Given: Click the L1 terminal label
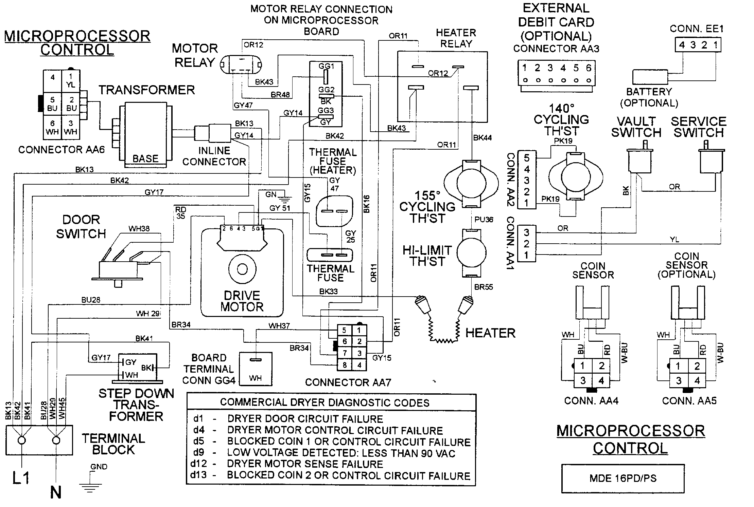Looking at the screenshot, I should [x=21, y=478].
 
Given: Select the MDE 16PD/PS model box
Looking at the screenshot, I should [x=623, y=478].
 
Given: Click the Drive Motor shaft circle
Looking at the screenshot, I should [x=242, y=269].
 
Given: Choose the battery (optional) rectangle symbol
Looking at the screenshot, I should [x=650, y=77].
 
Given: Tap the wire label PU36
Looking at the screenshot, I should [x=484, y=220].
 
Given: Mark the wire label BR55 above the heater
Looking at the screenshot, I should [x=483, y=287].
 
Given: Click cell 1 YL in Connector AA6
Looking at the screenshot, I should [x=71, y=80].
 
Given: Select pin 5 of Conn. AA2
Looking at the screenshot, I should [x=526, y=158].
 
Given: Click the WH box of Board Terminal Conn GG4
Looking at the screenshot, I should [x=256, y=369].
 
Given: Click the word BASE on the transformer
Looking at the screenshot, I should [x=145, y=159].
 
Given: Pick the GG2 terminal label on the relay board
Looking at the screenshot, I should [x=326, y=90].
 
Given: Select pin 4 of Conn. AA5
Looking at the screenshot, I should [x=697, y=381].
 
